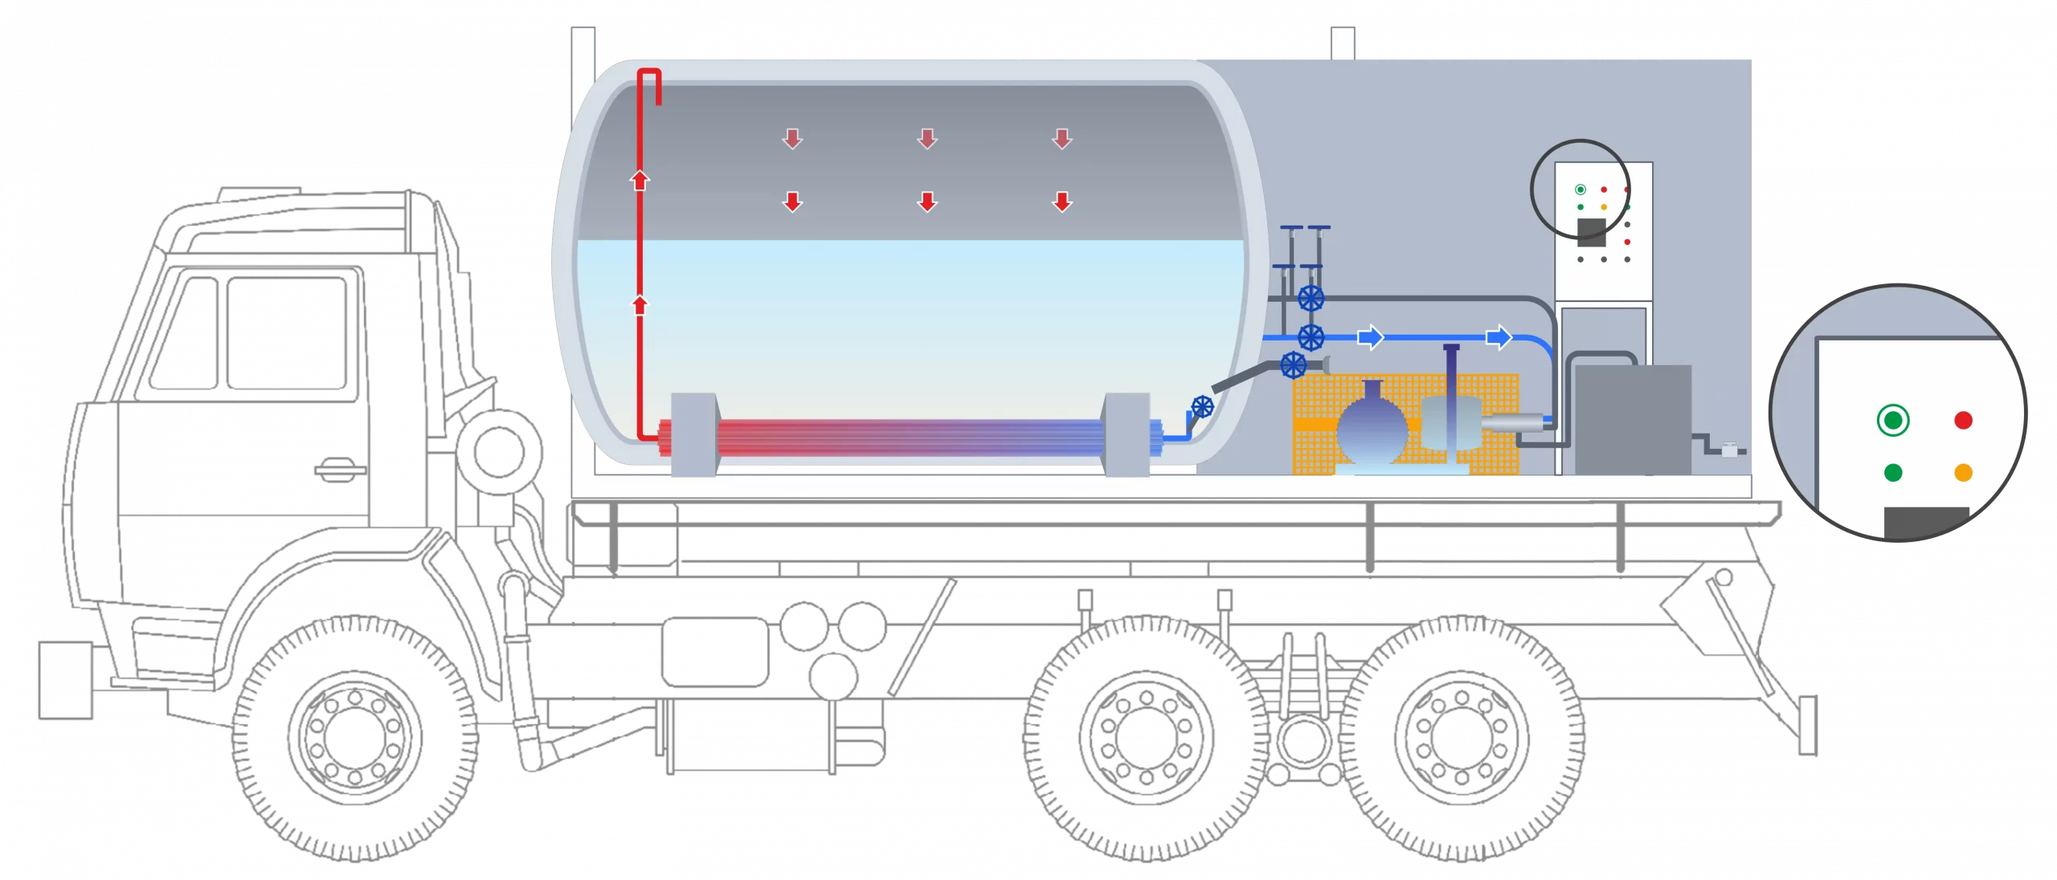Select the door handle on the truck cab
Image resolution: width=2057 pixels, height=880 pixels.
coord(339,468)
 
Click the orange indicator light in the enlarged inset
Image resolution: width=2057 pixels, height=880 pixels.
coord(1963,473)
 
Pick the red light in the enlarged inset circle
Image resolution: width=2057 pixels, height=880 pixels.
coord(1963,420)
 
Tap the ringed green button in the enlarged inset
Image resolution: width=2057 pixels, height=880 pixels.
coord(1893,420)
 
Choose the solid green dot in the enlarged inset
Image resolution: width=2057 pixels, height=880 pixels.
coord(1893,473)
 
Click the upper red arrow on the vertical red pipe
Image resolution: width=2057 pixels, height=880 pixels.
coord(640,180)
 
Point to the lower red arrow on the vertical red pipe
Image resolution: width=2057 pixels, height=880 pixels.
coord(640,305)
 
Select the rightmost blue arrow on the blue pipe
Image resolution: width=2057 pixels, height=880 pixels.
coord(1499,337)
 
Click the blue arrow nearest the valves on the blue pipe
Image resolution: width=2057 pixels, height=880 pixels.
coord(1370,337)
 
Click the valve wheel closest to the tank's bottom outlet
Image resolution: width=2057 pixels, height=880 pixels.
coord(1202,407)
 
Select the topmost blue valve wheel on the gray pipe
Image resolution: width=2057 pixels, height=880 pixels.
coord(1311,299)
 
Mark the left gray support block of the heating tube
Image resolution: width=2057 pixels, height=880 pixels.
coord(693,434)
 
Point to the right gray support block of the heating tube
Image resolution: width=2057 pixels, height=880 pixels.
coord(1127,434)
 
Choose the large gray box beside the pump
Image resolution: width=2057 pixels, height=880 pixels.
coord(1631,419)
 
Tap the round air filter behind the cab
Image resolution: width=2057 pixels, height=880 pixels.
coord(498,450)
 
